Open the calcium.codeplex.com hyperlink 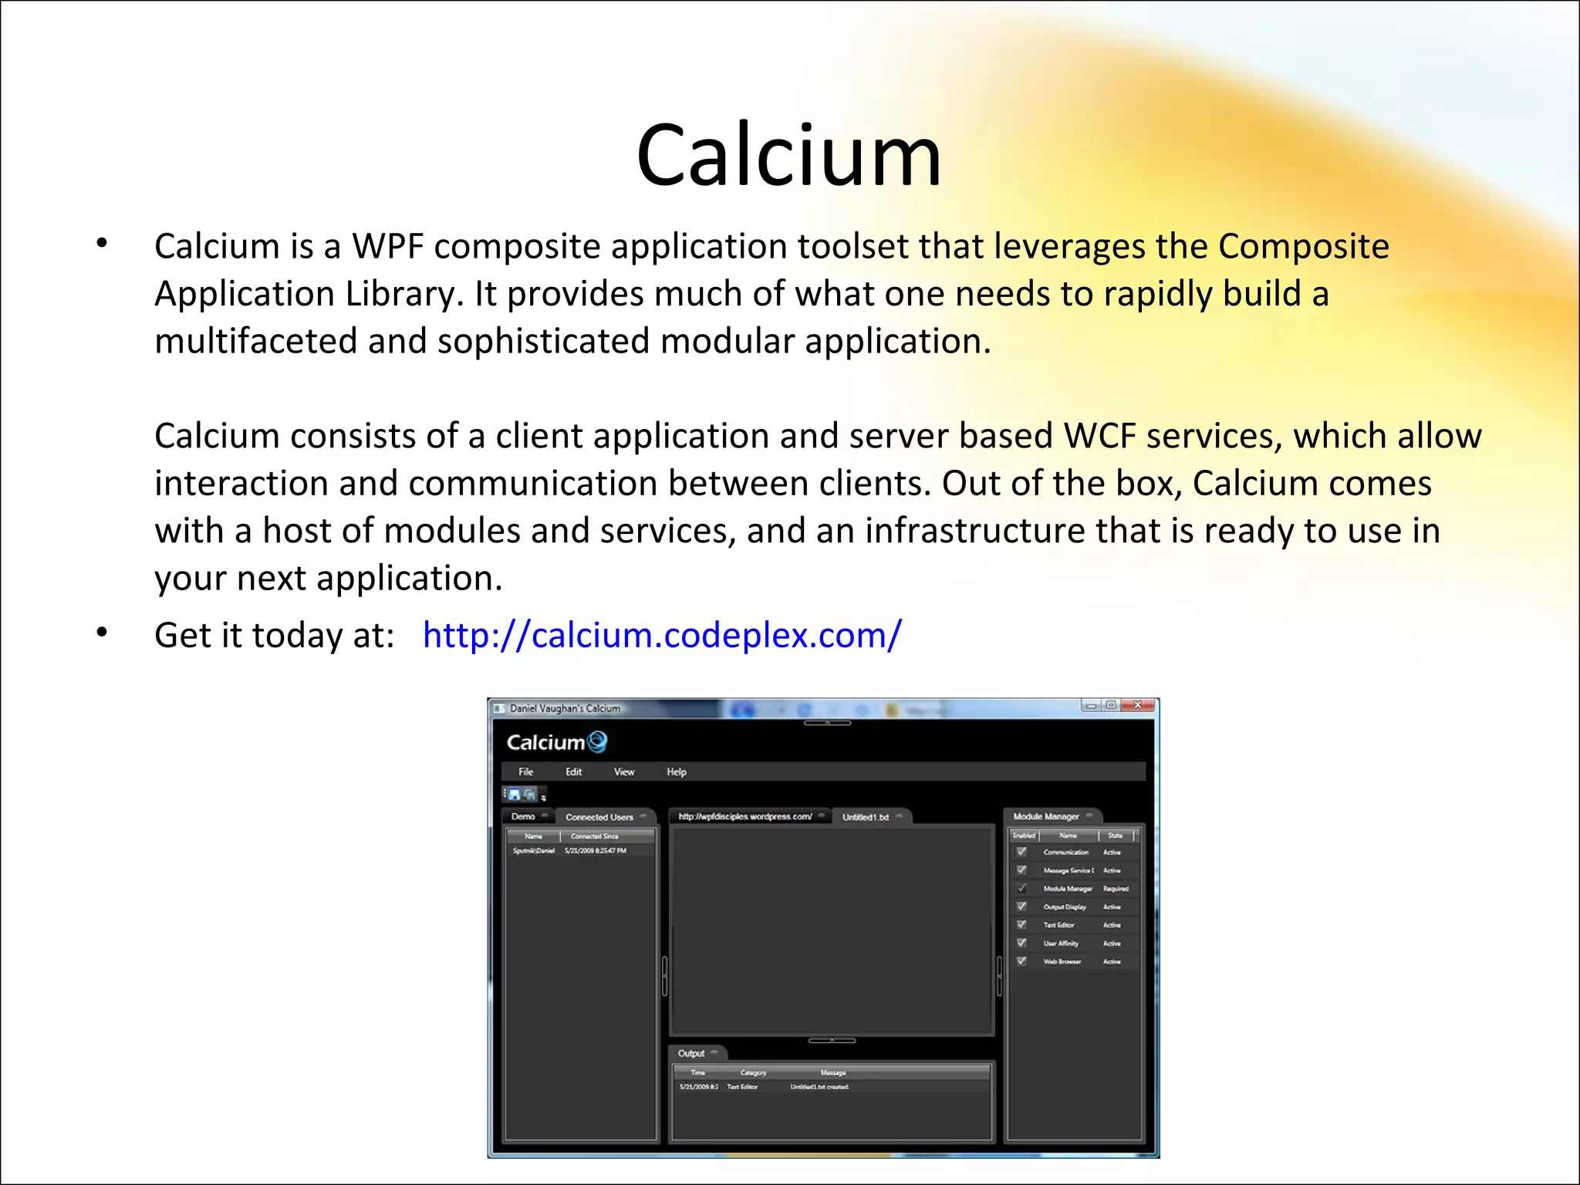[661, 636]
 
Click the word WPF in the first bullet [388, 247]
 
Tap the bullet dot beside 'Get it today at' [102, 633]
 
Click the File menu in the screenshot [525, 771]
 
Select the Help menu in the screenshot [676, 771]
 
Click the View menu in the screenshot [623, 771]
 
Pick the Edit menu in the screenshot [573, 771]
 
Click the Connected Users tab [599, 817]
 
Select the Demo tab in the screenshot [523, 816]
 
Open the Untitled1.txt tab [865, 817]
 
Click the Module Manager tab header [1045, 816]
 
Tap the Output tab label [690, 1053]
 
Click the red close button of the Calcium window [1137, 705]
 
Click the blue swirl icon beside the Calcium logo [597, 742]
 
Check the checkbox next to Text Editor [1021, 924]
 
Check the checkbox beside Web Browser [1021, 961]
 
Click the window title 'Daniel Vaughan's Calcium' [565, 708]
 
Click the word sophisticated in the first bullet [542, 342]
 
